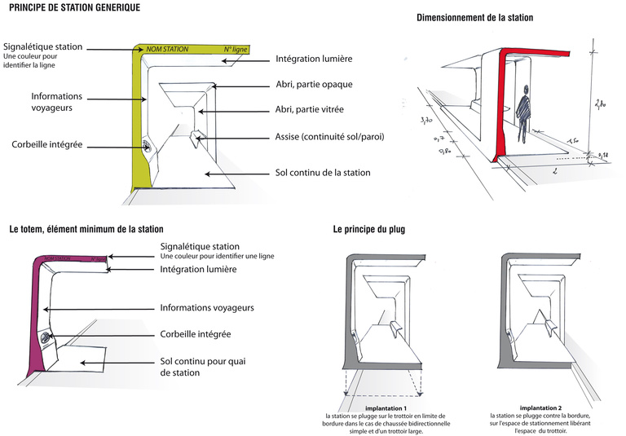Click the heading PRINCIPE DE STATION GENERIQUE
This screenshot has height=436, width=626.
click(x=74, y=7)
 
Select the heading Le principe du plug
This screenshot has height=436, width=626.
click(x=368, y=230)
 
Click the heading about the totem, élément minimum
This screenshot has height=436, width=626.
click(x=86, y=230)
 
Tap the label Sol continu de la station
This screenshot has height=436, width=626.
click(x=324, y=173)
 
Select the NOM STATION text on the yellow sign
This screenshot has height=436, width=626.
click(x=167, y=50)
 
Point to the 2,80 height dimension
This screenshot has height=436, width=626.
click(x=600, y=103)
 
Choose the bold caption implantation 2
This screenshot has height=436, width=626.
click(x=542, y=407)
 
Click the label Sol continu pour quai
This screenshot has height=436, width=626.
click(x=201, y=360)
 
